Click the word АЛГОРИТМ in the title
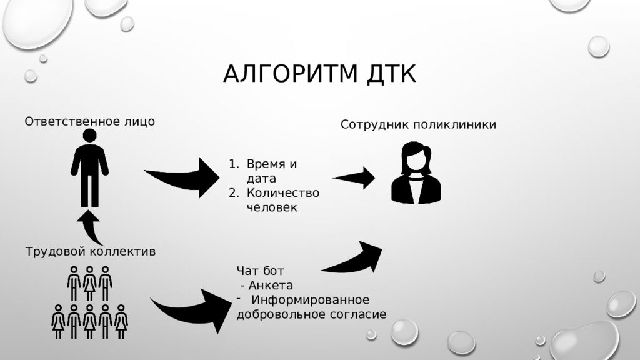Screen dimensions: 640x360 click(290, 74)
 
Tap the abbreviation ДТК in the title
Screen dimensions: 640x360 click(391, 74)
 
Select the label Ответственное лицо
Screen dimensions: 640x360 click(90, 121)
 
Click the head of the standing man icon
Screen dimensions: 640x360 click(89, 136)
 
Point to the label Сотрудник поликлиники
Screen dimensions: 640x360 click(418, 124)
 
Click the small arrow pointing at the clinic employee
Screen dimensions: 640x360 click(354, 178)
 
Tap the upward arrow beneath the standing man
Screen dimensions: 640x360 click(90, 227)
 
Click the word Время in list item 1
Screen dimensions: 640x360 click(266, 164)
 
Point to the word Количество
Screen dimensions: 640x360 click(283, 192)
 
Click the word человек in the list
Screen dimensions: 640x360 click(272, 207)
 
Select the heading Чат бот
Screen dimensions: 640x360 click(260, 271)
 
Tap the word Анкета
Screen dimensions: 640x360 click(271, 285)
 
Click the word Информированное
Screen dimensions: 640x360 click(310, 300)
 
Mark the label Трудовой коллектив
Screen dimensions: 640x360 click(90, 251)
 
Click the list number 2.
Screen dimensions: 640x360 click(234, 192)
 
